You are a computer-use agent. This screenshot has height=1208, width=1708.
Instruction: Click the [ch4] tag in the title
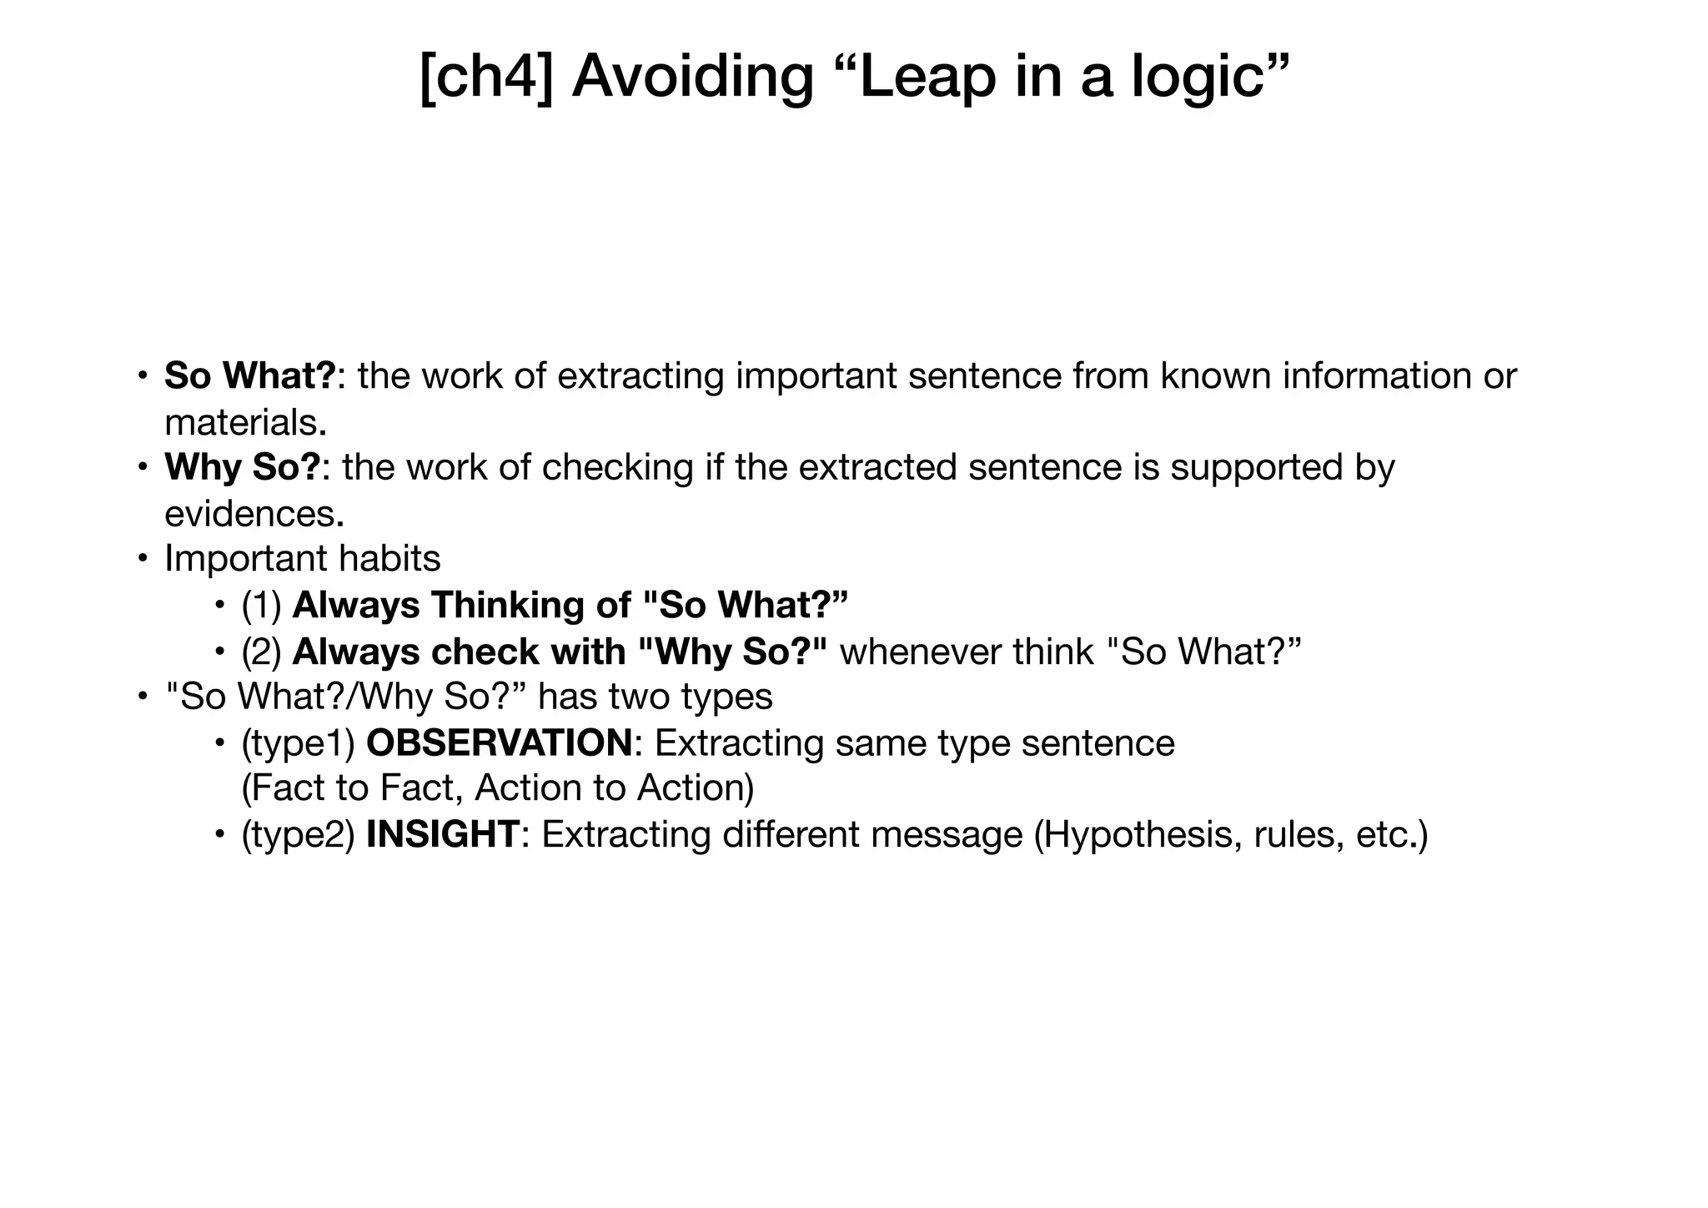[x=485, y=76]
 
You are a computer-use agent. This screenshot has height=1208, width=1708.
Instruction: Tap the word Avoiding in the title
[x=692, y=76]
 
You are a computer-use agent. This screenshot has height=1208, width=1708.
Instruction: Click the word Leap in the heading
[x=928, y=76]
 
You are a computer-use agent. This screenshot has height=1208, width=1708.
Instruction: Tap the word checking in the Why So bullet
[x=617, y=467]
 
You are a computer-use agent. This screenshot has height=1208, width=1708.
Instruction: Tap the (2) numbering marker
[x=261, y=652]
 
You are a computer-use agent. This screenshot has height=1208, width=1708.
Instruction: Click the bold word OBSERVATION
[x=499, y=742]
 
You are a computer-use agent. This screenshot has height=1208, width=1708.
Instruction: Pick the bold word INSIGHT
[x=443, y=834]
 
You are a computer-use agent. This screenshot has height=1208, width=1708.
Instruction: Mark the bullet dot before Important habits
[x=143, y=558]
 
